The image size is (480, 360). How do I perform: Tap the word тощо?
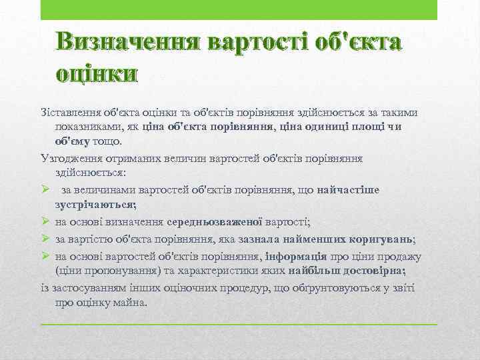click(111, 141)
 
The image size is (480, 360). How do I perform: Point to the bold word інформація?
click(295, 256)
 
